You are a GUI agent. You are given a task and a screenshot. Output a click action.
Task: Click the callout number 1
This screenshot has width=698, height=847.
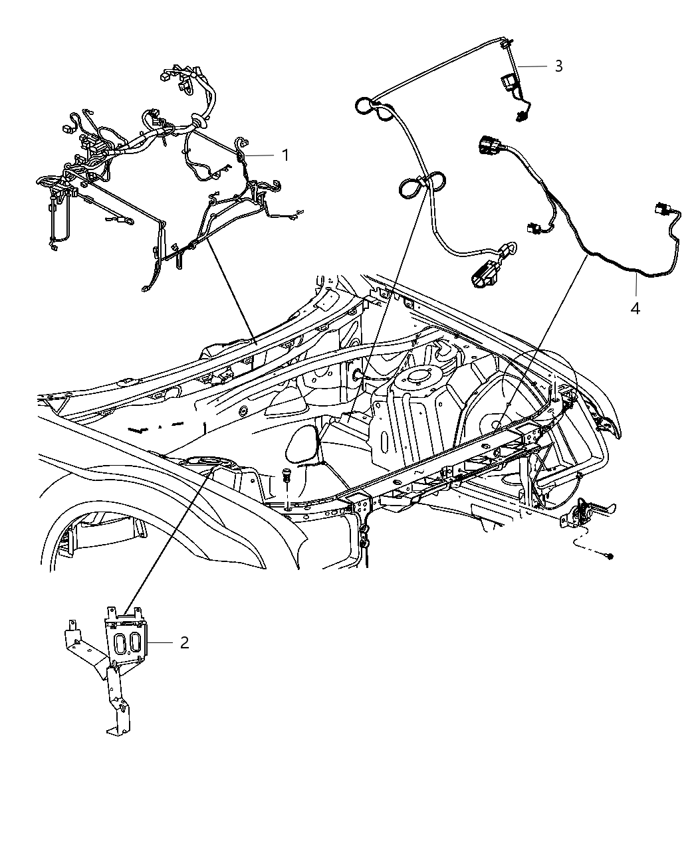tap(285, 155)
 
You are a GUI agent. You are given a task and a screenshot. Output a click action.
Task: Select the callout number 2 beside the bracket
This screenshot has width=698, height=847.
tap(184, 642)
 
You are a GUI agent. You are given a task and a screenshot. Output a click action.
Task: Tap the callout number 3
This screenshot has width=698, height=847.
tap(558, 66)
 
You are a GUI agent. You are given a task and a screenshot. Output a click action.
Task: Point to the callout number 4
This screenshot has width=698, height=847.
tap(635, 308)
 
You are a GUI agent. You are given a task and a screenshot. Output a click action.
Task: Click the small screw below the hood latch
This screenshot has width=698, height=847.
tap(610, 555)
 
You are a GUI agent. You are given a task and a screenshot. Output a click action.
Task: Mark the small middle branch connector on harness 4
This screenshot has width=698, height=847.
tap(532, 227)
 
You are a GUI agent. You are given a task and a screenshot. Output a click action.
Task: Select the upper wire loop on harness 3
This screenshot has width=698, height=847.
tap(366, 106)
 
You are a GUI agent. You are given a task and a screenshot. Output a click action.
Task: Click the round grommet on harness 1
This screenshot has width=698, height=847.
tap(197, 122)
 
